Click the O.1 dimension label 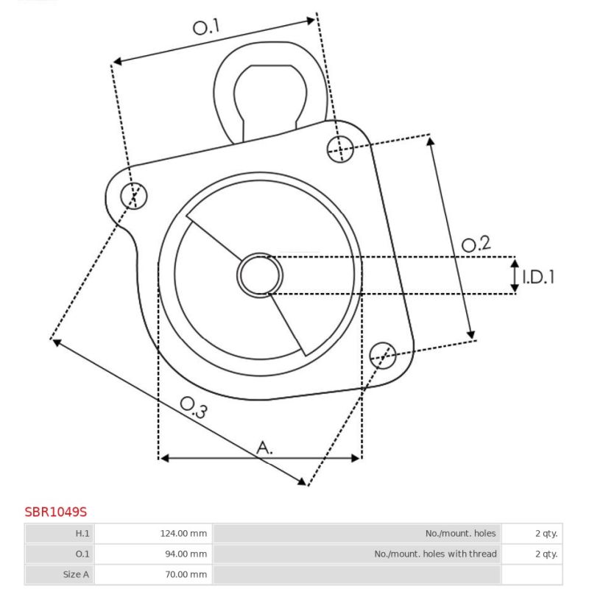(x=206, y=27)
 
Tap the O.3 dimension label (x=194, y=407)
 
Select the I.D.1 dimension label (x=538, y=278)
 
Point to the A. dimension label (x=264, y=448)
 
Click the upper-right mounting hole (x=340, y=149)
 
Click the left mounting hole (x=134, y=196)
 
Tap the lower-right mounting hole (x=383, y=356)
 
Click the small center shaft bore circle (x=260, y=275)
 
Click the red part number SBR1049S (x=56, y=512)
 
